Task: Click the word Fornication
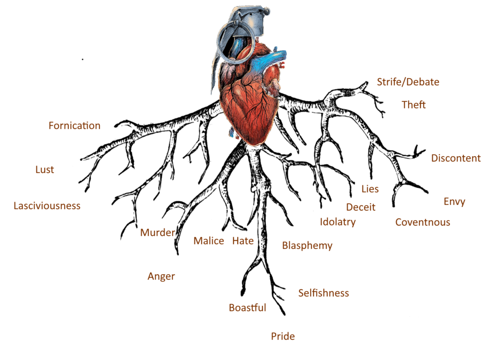coord(74,126)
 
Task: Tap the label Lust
coord(45,170)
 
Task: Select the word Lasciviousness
coord(47,206)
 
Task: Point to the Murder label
coord(157,233)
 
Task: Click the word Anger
coord(161,276)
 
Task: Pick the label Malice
coord(209,241)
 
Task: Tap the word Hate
coord(243,241)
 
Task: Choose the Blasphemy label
coord(307,245)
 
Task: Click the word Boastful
coord(247,308)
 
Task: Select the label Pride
coord(283,336)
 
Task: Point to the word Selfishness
coord(324,293)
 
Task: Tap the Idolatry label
coord(338,222)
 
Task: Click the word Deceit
coord(361,207)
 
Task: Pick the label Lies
coord(370,189)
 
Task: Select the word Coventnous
coord(423,222)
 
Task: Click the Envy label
coord(454,201)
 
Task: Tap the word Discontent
coord(456,158)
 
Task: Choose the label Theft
coord(414,105)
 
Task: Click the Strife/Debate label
coord(408,82)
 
